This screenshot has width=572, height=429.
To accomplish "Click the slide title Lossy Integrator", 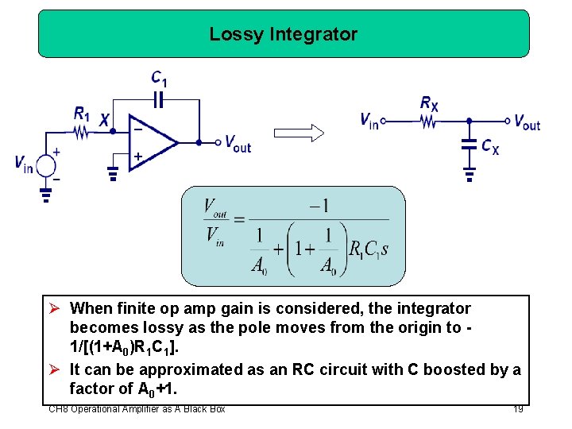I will pyautogui.click(x=284, y=35).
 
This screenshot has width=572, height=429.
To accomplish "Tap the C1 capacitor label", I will pyautogui.click(x=160, y=78).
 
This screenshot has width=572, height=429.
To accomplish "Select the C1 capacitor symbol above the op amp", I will pyautogui.click(x=159, y=100).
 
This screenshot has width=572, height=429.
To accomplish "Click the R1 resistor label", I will pyautogui.click(x=82, y=114).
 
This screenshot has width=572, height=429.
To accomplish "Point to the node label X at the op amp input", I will pyautogui.click(x=105, y=119).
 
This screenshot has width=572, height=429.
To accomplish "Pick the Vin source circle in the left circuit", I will pyautogui.click(x=46, y=165).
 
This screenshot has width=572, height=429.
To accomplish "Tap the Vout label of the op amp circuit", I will pyautogui.click(x=238, y=144).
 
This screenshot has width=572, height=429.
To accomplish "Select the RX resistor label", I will pyautogui.click(x=429, y=102).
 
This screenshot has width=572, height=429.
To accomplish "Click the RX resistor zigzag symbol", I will pyautogui.click(x=429, y=122).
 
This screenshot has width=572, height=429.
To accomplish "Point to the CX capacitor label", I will pyautogui.click(x=490, y=147).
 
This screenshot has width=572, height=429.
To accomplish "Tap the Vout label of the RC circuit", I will pyautogui.click(x=527, y=122).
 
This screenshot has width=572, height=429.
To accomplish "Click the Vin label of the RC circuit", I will pyautogui.click(x=369, y=121).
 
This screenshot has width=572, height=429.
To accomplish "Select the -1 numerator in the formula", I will pyautogui.click(x=320, y=206).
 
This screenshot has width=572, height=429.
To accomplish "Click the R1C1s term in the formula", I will pyautogui.click(x=369, y=249).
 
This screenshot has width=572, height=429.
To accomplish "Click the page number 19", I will pyautogui.click(x=518, y=409).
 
